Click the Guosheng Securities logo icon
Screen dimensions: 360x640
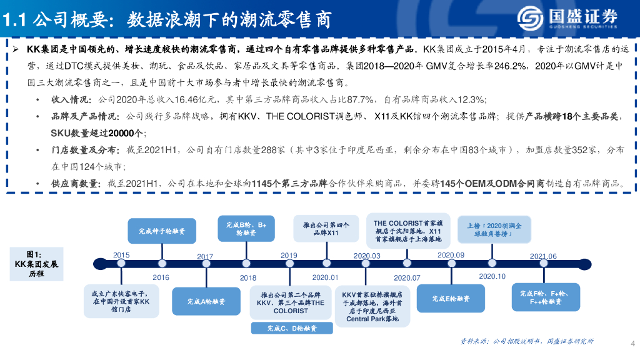point(530,18)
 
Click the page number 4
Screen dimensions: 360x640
point(632,343)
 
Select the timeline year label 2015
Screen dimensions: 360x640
point(121,255)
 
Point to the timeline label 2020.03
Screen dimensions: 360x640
point(367,256)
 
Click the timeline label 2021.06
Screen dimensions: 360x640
point(543,256)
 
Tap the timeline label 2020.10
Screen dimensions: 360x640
point(492,276)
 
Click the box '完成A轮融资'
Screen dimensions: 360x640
point(206,301)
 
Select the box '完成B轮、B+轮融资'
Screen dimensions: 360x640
point(246,228)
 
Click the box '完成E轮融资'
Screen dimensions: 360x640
point(451,299)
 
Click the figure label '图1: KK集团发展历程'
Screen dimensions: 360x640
point(36,264)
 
